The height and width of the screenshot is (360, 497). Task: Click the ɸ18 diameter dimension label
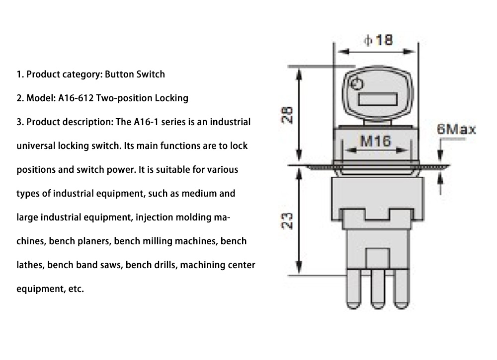(378, 39)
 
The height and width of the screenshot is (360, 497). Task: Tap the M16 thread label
(375, 141)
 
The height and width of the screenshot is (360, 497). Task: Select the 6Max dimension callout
(456, 130)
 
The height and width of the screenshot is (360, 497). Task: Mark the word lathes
(30, 265)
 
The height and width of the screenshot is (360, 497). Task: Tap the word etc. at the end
(76, 289)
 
